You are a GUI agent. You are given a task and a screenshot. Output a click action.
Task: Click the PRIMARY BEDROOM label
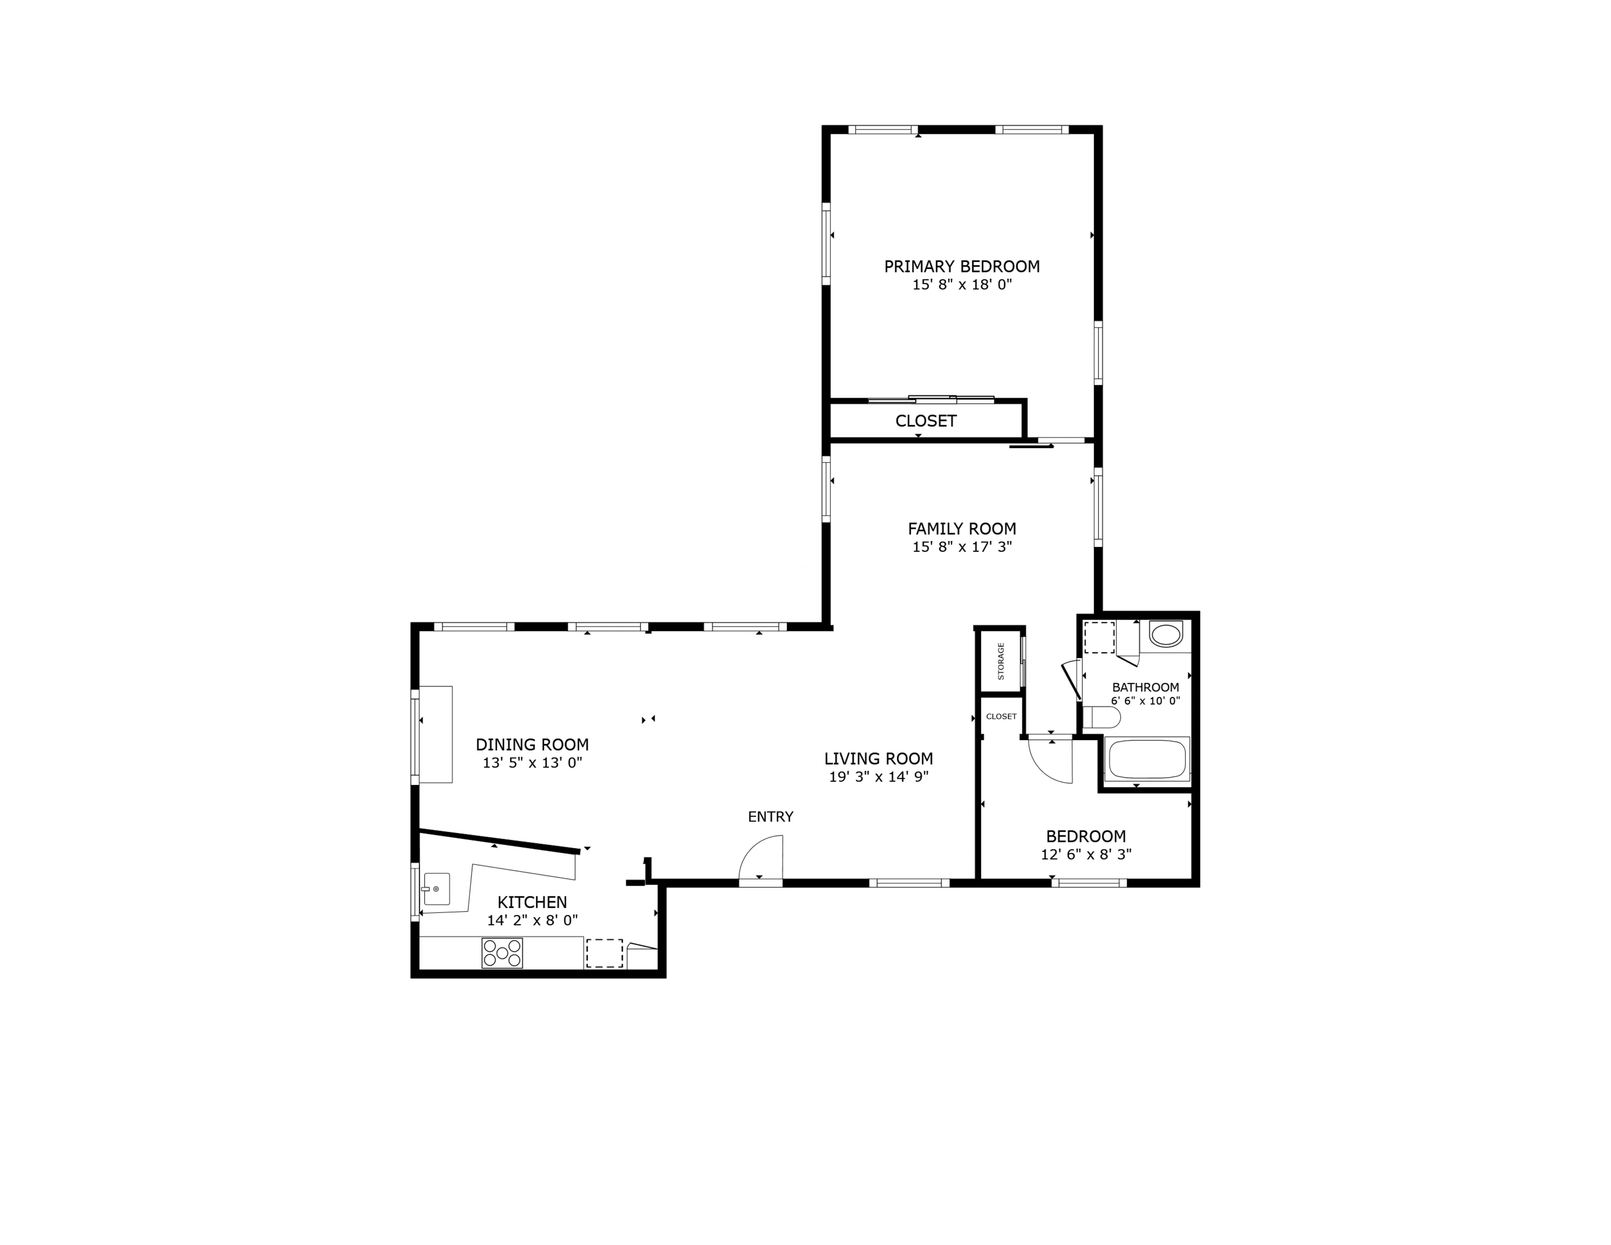pos(962,266)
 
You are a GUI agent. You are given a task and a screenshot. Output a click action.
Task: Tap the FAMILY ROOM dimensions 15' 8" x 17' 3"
pos(962,546)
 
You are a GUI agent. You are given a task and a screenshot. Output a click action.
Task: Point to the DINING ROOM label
pos(532,744)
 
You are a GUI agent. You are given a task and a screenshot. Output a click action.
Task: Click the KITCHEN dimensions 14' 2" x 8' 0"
pos(532,920)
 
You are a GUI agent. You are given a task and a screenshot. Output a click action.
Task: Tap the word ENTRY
pos(770,816)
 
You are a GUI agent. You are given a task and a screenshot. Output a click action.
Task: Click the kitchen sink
pos(437,889)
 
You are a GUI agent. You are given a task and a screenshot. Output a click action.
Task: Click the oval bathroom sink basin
pos(1165,634)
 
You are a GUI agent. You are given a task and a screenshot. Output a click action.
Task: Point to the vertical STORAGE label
pos(1001,661)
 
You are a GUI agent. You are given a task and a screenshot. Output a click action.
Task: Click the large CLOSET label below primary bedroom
pos(926,420)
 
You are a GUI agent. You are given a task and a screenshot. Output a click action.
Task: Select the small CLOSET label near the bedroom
pos(1001,716)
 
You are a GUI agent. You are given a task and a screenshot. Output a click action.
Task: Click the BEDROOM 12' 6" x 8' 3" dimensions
pos(1086,854)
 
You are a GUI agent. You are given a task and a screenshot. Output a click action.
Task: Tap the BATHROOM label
pos(1146,686)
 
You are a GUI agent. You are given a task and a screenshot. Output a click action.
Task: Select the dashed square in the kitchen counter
pos(604,953)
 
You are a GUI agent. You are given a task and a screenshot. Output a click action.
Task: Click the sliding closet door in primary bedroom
pos(931,399)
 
